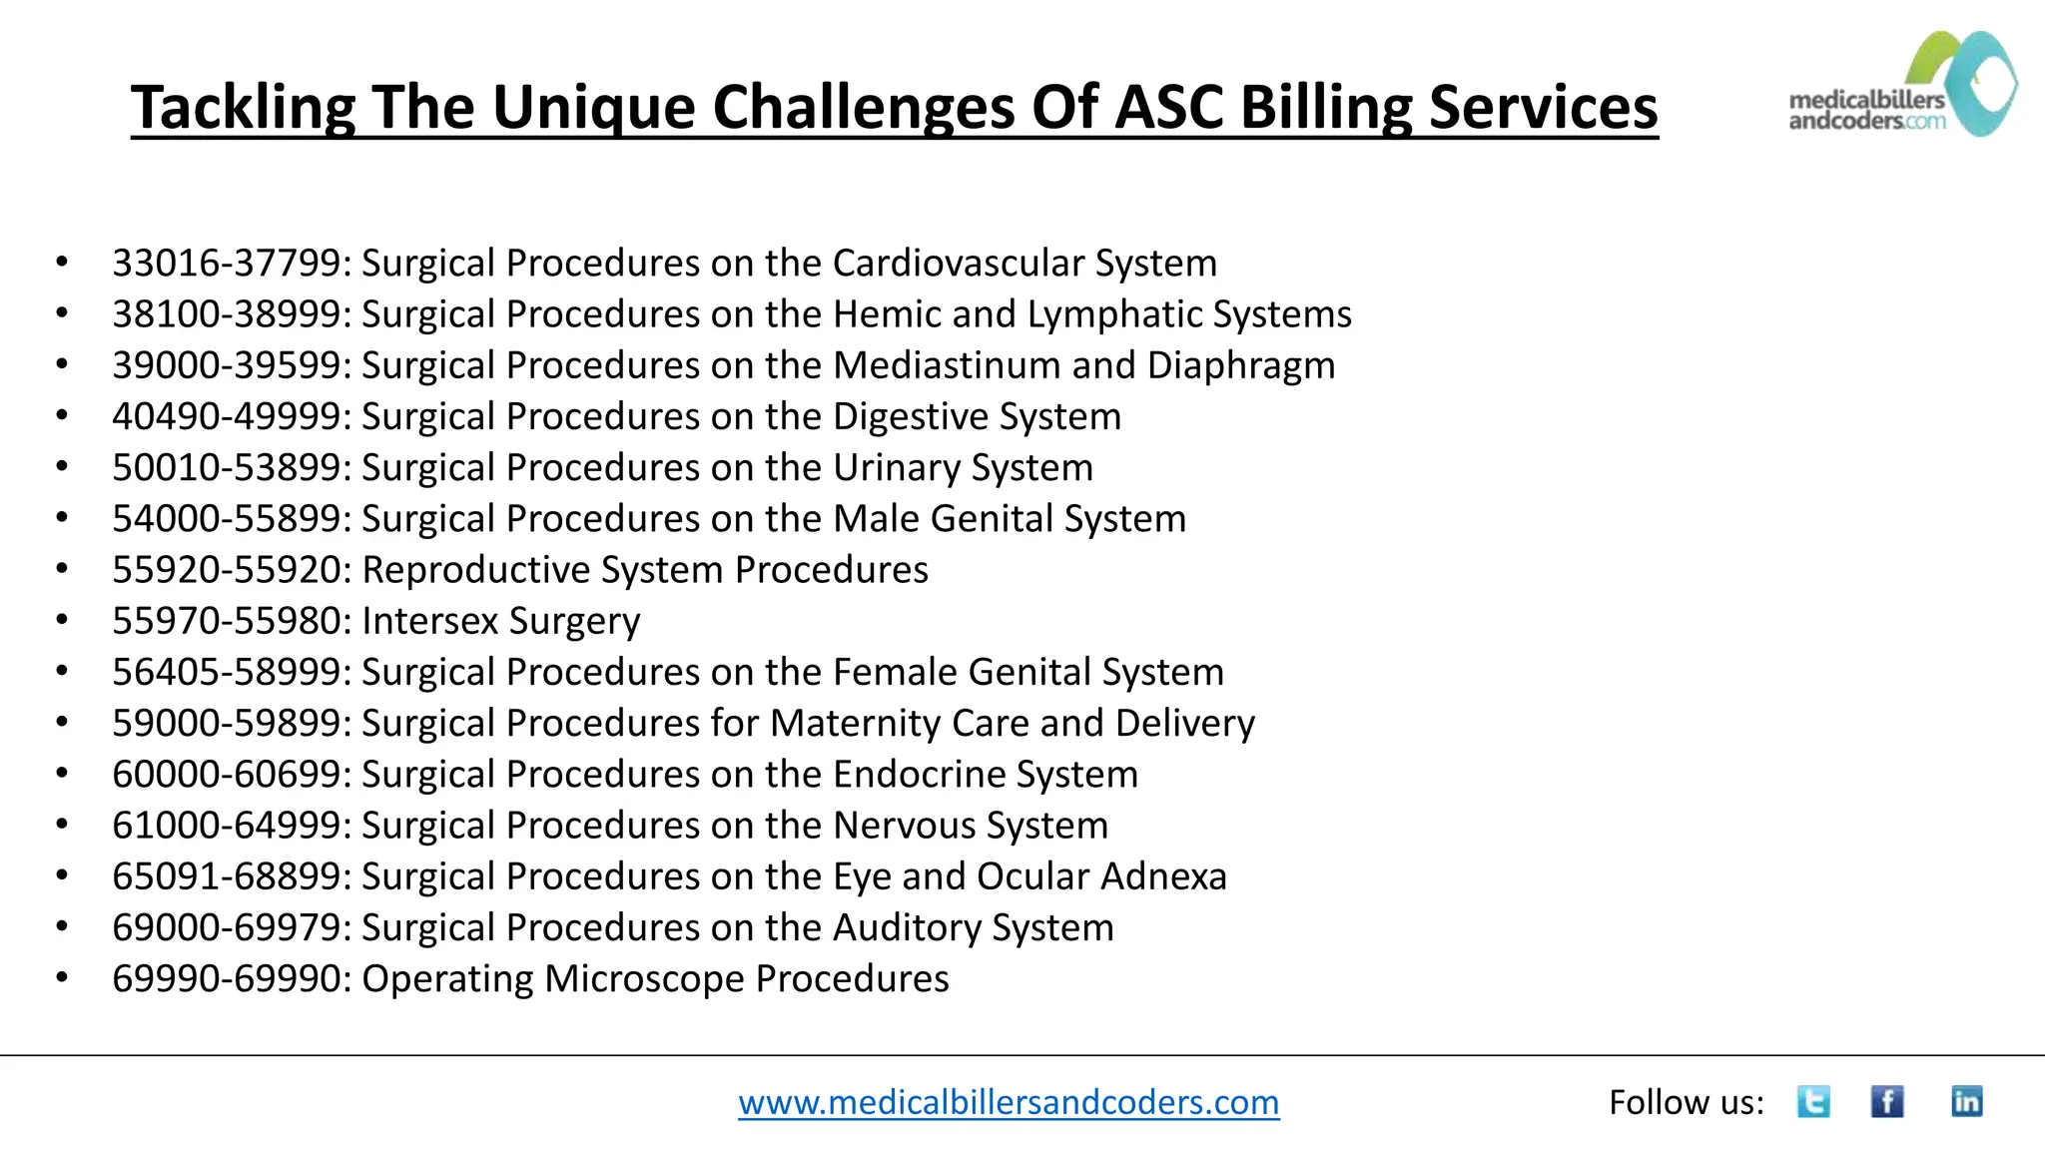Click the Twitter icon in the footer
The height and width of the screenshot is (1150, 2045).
[x=1813, y=1101]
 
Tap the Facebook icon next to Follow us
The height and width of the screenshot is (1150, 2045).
[x=1886, y=1101]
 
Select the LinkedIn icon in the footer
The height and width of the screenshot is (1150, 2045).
[x=1966, y=1101]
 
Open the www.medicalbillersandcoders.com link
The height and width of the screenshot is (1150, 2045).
[x=1009, y=1102]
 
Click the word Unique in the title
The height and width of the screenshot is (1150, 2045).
[x=593, y=107]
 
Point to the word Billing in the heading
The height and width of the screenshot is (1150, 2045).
[x=1325, y=107]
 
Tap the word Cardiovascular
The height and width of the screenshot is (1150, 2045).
[x=958, y=264]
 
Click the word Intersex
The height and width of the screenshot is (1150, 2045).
[x=429, y=621]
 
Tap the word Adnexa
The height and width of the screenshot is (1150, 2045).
[x=1163, y=876]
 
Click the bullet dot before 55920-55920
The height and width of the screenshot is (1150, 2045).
[x=62, y=569]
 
